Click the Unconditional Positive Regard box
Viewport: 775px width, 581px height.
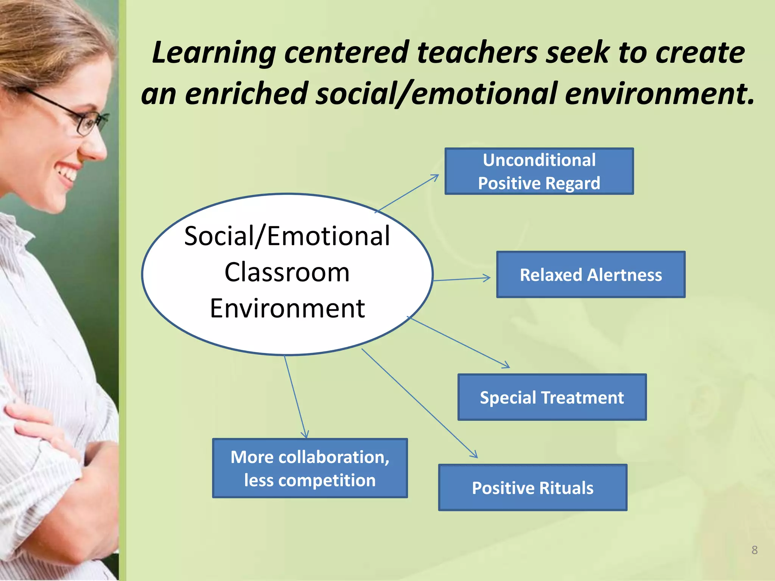(539, 171)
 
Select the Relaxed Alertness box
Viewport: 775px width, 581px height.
(591, 275)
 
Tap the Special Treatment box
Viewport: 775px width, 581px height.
(552, 397)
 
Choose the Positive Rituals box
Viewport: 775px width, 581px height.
(532, 488)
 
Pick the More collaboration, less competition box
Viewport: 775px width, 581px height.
(310, 468)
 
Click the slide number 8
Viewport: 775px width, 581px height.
(754, 550)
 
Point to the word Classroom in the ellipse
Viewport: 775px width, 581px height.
(287, 272)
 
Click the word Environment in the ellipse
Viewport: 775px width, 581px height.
(287, 308)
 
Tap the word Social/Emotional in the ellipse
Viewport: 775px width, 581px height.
(287, 236)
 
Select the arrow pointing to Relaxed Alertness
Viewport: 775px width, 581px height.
(462, 279)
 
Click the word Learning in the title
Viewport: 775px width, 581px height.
(214, 53)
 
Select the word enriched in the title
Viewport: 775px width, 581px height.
(246, 93)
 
